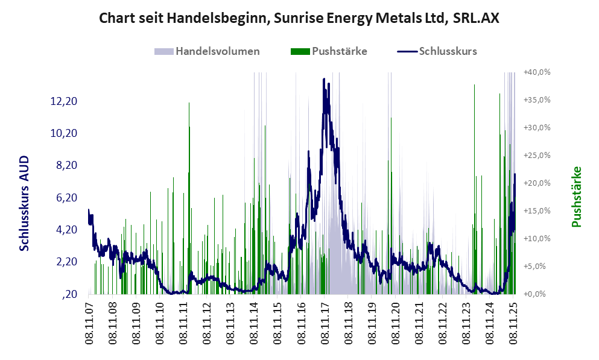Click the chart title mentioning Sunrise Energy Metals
[x=299, y=19]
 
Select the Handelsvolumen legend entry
[x=218, y=51]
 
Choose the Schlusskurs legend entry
[x=448, y=51]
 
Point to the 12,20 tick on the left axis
[x=64, y=101]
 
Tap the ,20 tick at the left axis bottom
[x=69, y=294]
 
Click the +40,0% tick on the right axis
[x=537, y=72]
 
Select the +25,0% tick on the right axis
[x=537, y=156]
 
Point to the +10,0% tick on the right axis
[x=537, y=239]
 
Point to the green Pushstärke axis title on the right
[x=576, y=197]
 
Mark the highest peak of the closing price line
[x=324, y=79]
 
